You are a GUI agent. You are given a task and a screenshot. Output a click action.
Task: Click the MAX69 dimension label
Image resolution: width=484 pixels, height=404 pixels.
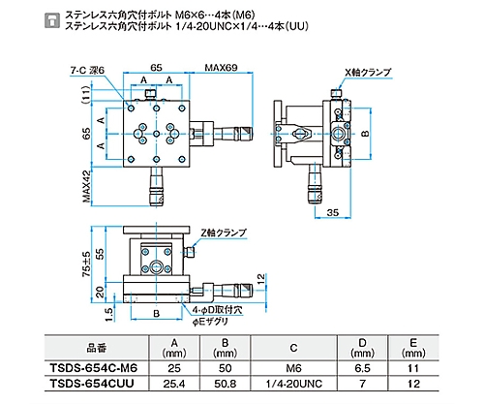tap(221, 68)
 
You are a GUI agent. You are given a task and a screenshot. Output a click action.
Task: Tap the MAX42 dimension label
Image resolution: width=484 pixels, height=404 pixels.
tap(87, 187)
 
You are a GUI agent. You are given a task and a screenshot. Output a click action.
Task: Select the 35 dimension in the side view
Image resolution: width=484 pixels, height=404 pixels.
tap(333, 212)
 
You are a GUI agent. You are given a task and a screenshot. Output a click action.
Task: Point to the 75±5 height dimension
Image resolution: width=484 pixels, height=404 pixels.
tap(87, 264)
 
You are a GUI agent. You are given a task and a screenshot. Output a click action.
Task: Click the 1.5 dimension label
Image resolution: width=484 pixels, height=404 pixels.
tap(109, 315)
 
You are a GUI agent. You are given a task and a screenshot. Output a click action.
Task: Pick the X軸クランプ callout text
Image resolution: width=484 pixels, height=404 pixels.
tap(368, 73)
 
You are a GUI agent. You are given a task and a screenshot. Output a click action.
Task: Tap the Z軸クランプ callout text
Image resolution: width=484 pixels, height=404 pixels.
tap(224, 233)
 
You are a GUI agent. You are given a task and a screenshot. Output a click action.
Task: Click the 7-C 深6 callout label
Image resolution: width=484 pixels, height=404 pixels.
tap(87, 71)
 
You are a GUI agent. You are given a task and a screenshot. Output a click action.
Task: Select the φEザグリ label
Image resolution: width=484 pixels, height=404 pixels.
tap(210, 322)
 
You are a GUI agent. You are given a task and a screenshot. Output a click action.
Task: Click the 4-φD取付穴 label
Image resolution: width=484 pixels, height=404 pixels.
tap(217, 311)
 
